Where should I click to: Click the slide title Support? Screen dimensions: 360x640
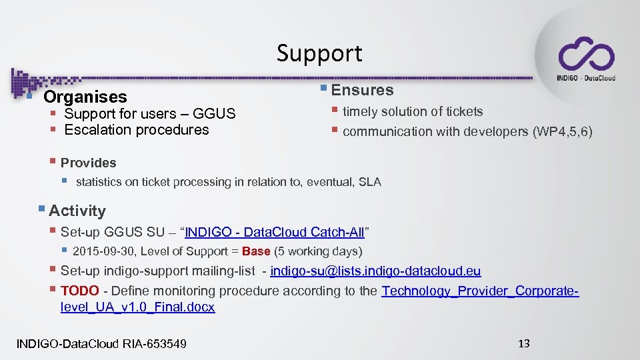[319, 53]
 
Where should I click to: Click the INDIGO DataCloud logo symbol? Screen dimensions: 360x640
[586, 54]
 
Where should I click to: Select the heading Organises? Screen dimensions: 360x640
[85, 97]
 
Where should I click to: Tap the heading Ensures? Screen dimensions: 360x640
[362, 90]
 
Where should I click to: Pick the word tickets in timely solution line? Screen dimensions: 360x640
[465, 112]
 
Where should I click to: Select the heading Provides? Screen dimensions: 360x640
[88, 163]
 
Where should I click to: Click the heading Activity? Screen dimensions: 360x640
[77, 211]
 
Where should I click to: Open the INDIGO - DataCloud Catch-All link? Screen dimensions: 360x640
[274, 233]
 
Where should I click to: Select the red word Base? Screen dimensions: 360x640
[256, 252]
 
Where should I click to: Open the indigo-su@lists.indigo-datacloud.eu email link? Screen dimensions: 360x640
[375, 271]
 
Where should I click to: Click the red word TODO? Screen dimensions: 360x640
[79, 291]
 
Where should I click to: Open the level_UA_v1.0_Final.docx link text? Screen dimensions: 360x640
[137, 307]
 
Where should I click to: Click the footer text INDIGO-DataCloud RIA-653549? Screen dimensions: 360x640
[101, 344]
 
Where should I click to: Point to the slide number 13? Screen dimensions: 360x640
[523, 343]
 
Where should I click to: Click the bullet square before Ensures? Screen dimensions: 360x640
[323, 89]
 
